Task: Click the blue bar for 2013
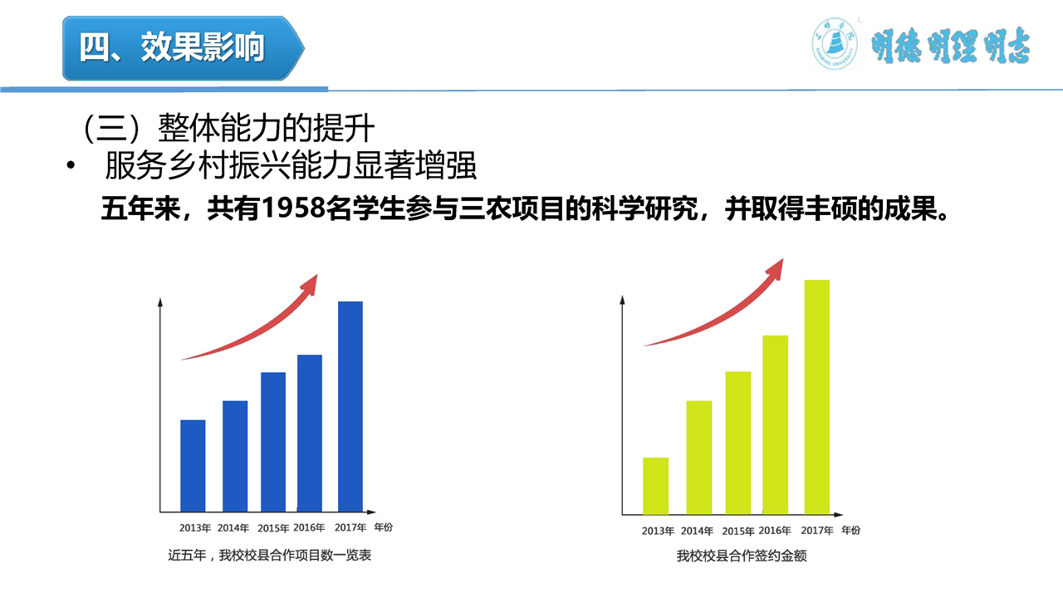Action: click(193, 465)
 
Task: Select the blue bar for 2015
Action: click(273, 441)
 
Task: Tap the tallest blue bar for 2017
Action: click(350, 406)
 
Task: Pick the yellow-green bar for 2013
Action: click(655, 486)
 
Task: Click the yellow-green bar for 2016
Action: click(775, 424)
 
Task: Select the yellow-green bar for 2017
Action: click(816, 397)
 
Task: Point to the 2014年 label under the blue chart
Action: click(233, 528)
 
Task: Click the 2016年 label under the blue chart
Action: click(309, 527)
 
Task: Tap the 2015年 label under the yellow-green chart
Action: click(738, 532)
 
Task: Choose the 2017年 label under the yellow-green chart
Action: click(817, 531)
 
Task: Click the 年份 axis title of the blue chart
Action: click(383, 527)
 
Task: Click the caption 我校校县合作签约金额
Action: click(742, 556)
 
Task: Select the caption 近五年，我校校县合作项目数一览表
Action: click(270, 555)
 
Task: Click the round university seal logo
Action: click(834, 45)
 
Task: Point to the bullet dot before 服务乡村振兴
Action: click(71, 167)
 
